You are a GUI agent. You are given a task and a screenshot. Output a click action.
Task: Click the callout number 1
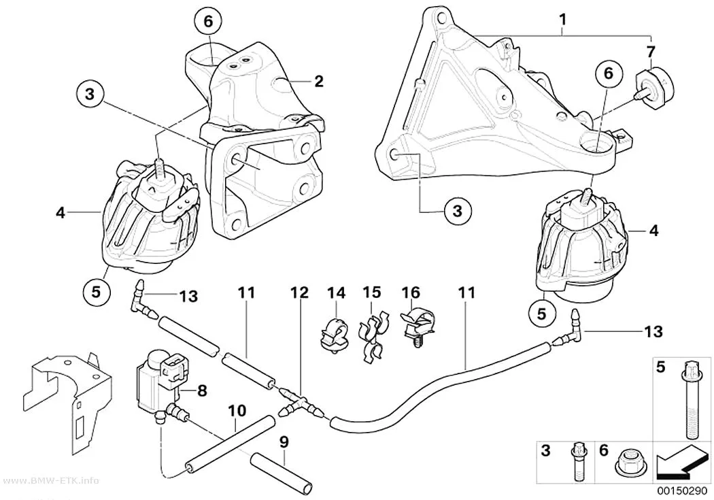coord(563,20)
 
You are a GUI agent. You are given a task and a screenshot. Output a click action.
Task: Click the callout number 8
coord(202,390)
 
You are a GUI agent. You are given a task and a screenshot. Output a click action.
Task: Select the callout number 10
coord(237,411)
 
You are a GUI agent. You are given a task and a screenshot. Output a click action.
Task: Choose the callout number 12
coord(300,293)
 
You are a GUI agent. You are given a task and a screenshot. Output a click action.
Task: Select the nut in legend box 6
coord(629,466)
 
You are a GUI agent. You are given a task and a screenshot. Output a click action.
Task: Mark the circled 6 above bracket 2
coord(208,21)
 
